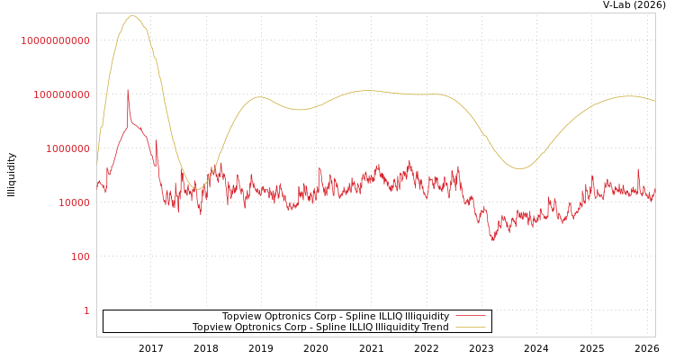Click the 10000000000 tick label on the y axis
56,40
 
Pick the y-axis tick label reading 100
78,256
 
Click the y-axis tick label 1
86,310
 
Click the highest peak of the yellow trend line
132,15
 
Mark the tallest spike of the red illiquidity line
128,89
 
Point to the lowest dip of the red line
492,240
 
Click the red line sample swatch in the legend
470,316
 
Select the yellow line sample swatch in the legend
470,327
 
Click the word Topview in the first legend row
242,316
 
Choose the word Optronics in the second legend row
261,327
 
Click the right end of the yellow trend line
654,101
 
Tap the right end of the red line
654,191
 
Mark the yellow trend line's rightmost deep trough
519,168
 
